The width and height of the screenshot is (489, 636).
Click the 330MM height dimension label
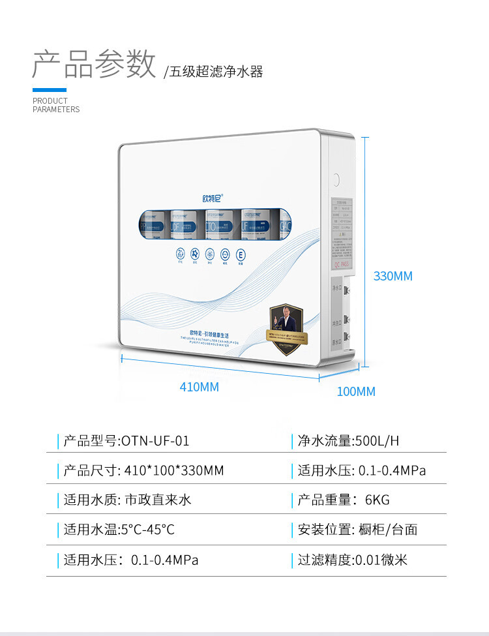pos(393,276)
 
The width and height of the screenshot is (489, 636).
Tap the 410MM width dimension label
pos(199,387)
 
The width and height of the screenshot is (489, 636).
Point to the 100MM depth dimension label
pos(356,391)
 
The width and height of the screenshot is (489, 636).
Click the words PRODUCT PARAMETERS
pos(56,105)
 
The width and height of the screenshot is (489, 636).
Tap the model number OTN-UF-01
pos(155,441)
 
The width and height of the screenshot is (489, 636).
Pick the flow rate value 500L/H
pos(376,441)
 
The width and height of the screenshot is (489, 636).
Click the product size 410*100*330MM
pos(173,470)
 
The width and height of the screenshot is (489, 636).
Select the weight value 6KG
pos(377,500)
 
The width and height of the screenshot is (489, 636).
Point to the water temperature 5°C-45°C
pos(147,530)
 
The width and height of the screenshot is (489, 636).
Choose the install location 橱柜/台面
pos(388,530)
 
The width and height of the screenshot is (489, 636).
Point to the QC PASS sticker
pos(344,264)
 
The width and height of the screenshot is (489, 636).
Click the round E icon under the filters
pos(240,254)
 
